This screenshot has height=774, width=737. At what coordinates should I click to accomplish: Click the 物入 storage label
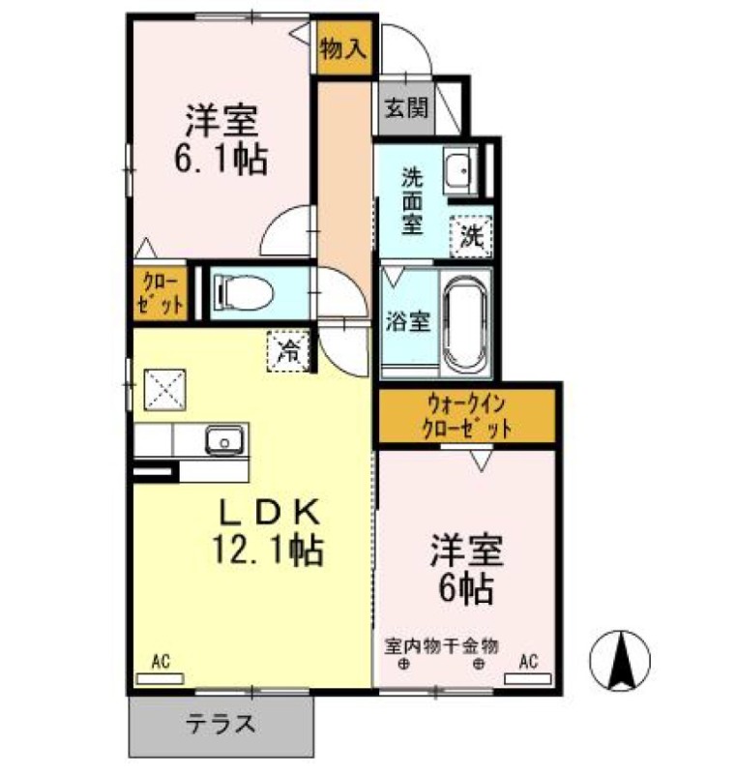pos(344,45)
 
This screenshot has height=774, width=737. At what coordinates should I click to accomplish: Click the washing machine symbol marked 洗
pos(471,235)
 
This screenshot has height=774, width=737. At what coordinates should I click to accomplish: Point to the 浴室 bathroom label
pos(408,321)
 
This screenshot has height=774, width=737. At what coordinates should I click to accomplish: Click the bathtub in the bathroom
pos(467,325)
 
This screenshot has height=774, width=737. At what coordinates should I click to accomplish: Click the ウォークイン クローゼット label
pos(466,416)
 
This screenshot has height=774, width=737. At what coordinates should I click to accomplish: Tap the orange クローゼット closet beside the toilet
pos(160,291)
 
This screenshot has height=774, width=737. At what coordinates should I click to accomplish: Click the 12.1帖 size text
pos(268,550)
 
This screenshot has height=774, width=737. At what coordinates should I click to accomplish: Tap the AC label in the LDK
pos(161,662)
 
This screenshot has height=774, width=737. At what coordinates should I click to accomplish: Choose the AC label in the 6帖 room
pos(528,662)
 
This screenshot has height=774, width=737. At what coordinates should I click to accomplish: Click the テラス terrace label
pos(221,724)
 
